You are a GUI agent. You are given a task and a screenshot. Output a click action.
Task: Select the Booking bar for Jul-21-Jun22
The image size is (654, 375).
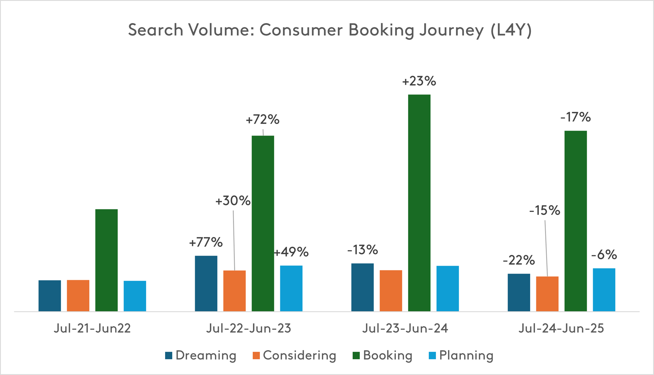coord(106,260)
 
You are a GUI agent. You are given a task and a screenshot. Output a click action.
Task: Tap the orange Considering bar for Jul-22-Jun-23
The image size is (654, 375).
coord(234,291)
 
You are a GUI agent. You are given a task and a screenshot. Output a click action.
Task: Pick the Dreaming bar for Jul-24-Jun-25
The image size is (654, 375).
coord(519,292)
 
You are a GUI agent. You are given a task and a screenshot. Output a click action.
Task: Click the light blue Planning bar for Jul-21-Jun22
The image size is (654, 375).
coord(135,296)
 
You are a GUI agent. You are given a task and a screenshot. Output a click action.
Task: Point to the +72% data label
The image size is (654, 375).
coord(262,120)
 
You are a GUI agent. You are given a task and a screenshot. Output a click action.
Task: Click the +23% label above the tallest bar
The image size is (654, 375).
coord(419,82)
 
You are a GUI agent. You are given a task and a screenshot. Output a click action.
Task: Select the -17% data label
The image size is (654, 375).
coord(575,117)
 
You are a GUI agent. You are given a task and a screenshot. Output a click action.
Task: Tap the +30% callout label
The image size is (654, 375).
coord(233,201)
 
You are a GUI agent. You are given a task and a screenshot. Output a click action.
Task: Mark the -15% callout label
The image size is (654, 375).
coord(544,211)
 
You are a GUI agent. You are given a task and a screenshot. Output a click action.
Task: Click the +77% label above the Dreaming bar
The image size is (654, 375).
coord(206,243)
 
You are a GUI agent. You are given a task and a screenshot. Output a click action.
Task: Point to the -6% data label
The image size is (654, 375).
coord(604,255)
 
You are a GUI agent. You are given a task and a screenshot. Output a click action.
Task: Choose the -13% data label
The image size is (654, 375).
coord(362,250)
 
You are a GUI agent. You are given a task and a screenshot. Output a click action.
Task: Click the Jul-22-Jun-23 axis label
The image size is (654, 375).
coord(248,329)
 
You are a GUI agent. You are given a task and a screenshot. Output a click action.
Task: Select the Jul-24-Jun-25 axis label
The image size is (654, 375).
coord(561,329)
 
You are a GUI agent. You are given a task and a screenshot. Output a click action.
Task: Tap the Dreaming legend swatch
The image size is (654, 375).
coord(169,356)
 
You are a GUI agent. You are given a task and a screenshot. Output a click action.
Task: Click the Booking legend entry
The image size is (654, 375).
coord(382,356)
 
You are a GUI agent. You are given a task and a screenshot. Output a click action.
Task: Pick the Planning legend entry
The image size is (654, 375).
coord(461,356)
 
